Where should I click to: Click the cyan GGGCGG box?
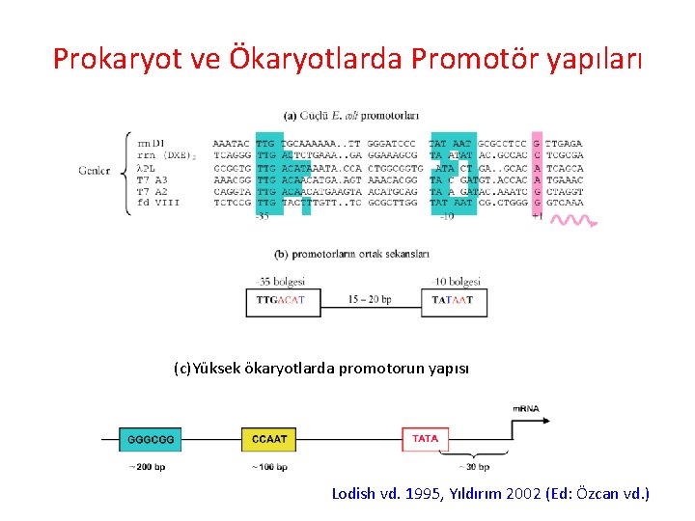[x=151, y=439]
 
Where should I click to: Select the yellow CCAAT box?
[x=269, y=439]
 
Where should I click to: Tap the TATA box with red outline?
[x=425, y=439]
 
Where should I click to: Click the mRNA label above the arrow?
[x=525, y=408]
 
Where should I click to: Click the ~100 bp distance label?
[x=269, y=467]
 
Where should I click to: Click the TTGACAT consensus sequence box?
[x=280, y=301]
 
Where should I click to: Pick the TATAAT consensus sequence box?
[x=453, y=301]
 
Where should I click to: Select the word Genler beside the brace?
[x=95, y=171]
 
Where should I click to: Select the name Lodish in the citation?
[x=353, y=494]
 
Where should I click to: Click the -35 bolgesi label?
[x=281, y=282]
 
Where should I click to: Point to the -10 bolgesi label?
[x=454, y=282]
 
